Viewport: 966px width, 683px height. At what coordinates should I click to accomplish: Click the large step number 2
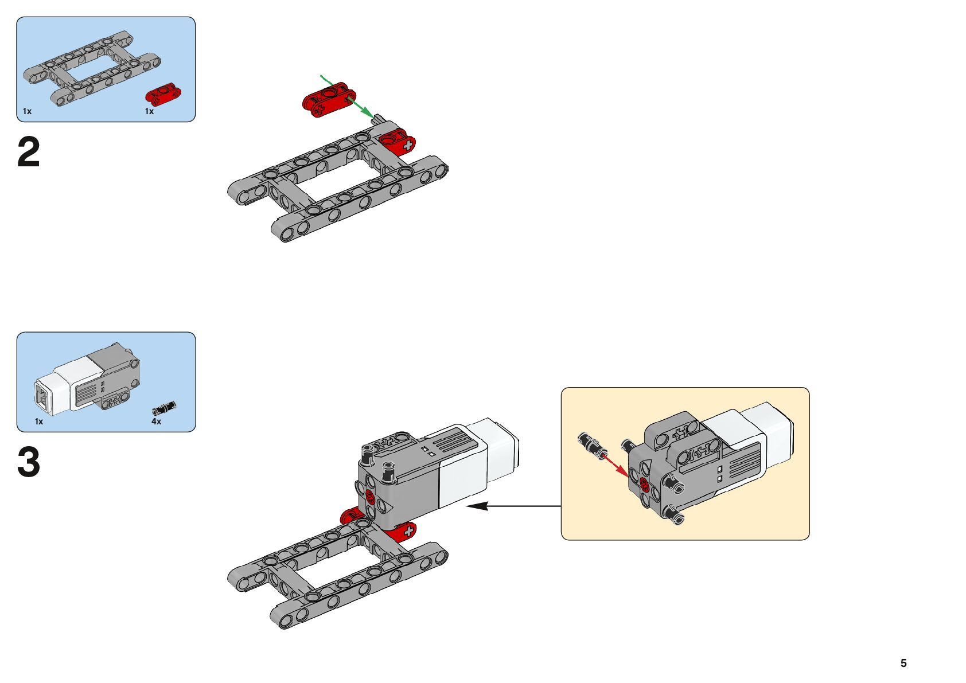coord(29,152)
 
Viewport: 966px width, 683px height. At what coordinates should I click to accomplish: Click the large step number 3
coord(29,462)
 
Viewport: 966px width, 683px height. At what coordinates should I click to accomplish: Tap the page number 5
coord(903,663)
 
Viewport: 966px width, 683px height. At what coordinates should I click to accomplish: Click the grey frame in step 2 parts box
coord(92,69)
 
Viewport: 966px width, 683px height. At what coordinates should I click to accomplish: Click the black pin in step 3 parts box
coord(164,408)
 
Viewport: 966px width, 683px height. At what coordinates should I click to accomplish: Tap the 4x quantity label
coord(156,421)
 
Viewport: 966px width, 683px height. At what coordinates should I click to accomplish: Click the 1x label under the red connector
coord(149,111)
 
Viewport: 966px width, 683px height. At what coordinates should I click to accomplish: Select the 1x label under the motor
coord(39,421)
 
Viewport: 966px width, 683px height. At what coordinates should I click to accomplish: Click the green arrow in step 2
coord(348,96)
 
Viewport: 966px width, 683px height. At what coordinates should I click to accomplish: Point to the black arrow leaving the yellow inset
coord(513,506)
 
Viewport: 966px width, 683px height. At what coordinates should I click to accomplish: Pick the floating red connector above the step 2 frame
coord(329,100)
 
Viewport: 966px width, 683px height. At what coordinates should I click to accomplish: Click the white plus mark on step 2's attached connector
coord(407,146)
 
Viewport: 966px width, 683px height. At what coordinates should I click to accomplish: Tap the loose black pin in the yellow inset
coord(593,446)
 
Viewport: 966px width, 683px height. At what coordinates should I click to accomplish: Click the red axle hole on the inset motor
coord(645,485)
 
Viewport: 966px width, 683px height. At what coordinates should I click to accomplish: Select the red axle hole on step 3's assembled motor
coord(370,497)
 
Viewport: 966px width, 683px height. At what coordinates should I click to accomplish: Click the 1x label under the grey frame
coord(27,111)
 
